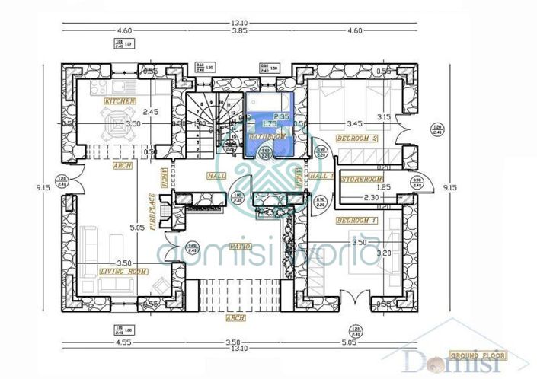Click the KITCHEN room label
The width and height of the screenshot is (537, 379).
tap(120, 100)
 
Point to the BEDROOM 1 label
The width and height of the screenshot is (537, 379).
tap(357, 220)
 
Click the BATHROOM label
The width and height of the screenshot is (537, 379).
tap(268, 135)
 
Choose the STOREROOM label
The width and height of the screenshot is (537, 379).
tap(361, 180)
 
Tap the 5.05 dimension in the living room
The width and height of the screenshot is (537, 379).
tap(136, 227)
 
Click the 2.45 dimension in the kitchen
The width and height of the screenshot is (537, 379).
tap(151, 112)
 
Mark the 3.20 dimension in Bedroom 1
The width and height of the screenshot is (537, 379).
tap(385, 253)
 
